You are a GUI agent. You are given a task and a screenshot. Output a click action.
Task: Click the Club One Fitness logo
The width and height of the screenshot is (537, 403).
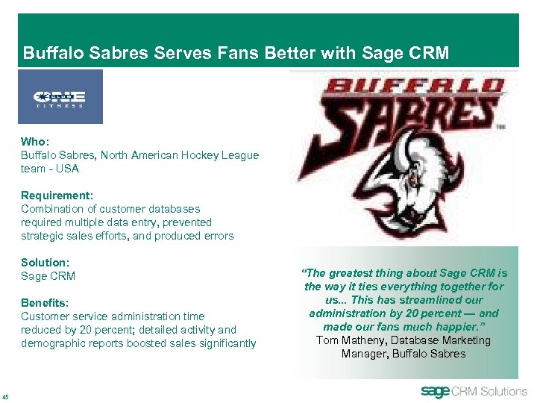point(60,98)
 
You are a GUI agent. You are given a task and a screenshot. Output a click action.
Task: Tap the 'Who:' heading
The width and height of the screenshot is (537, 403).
point(34,142)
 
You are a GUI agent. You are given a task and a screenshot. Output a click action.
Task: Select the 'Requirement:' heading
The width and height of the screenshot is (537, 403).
point(57,196)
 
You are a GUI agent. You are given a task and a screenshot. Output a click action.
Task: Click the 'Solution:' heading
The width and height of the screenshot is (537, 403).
point(45,263)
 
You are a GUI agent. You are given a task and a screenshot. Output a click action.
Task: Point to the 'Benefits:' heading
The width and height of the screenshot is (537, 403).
point(45,303)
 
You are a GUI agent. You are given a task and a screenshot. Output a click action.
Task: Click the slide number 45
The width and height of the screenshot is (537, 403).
point(6,396)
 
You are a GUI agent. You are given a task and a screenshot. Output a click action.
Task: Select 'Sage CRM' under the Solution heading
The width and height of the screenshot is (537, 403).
point(48,276)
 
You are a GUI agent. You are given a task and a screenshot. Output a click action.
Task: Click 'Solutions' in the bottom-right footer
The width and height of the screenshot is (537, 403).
point(503,392)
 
